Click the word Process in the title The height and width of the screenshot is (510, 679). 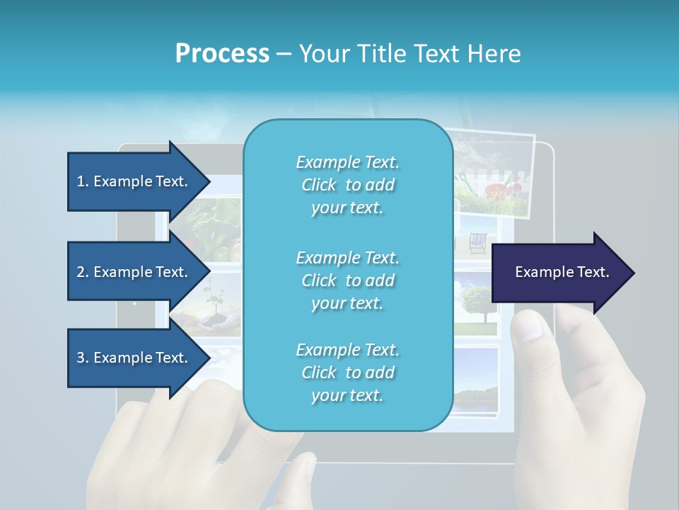(x=222, y=54)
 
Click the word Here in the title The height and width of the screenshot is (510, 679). (x=495, y=54)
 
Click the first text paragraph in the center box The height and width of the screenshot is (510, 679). (x=347, y=185)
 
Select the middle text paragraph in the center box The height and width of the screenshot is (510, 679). (x=347, y=280)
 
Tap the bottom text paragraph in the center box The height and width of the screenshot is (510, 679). (x=347, y=373)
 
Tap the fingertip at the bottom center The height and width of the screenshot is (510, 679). (x=303, y=471)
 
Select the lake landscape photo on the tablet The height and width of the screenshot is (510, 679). (x=475, y=382)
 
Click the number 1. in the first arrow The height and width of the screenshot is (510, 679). (x=83, y=181)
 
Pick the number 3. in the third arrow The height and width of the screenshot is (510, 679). (x=83, y=358)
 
